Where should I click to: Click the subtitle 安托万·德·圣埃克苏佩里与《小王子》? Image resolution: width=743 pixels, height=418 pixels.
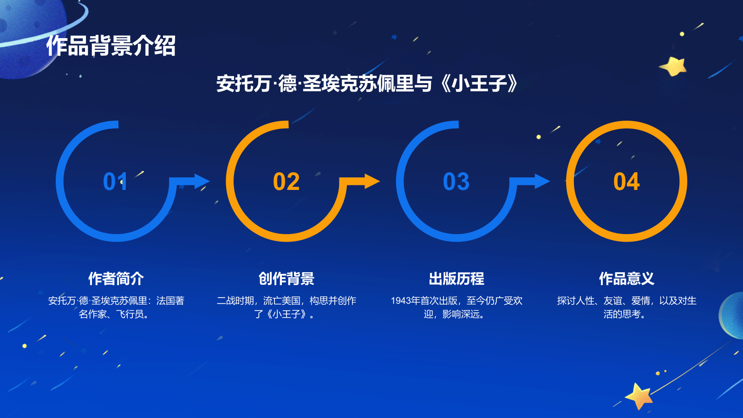[x=367, y=84]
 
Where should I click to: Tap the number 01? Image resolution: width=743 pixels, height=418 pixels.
[x=115, y=182]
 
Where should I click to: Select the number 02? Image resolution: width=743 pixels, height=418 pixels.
[x=286, y=182]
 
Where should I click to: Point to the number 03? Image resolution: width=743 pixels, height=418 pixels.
[x=456, y=182]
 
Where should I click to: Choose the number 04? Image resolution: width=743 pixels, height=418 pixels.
[x=626, y=182]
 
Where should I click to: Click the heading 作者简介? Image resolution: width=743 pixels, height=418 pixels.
[x=116, y=279]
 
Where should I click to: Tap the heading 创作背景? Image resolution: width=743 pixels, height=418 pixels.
[x=287, y=279]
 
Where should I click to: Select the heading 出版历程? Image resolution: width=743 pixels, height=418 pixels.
[x=456, y=279]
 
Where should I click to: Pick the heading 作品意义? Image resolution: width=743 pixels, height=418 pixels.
[x=626, y=279]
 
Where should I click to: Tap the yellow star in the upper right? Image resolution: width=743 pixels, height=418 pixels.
[x=674, y=66]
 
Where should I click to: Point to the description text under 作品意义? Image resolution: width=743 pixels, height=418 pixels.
[x=626, y=307]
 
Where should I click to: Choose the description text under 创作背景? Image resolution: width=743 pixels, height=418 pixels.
[x=287, y=307]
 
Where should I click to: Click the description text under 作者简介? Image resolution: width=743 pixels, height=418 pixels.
[x=116, y=307]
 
